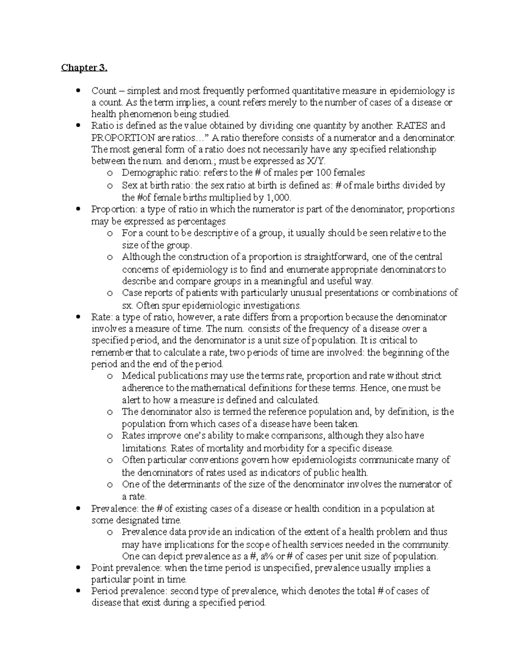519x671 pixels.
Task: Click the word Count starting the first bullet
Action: tap(103, 91)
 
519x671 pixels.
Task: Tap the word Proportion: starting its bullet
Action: tap(113, 209)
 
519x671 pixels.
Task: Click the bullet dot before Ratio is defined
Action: tap(78, 126)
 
